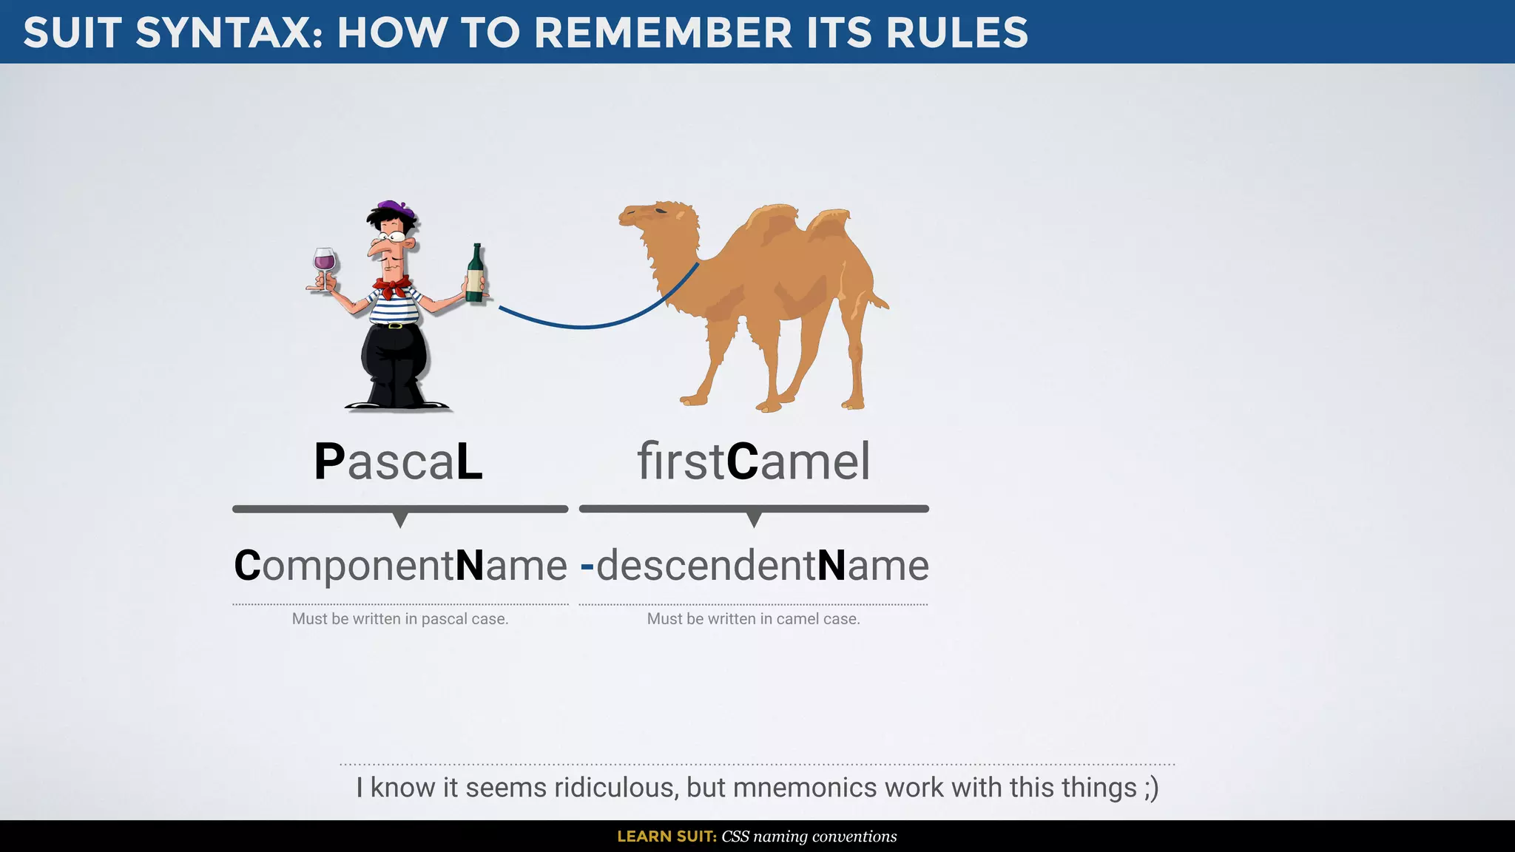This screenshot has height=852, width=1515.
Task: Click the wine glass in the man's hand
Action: pos(324,263)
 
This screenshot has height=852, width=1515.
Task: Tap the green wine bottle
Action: pos(476,275)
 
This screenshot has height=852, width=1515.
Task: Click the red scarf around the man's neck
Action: pos(392,286)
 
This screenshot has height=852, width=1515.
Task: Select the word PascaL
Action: pos(399,461)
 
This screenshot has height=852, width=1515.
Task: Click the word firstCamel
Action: pos(753,461)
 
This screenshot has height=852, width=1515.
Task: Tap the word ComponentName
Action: pos(400,566)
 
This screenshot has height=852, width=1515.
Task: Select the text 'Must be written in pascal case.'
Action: pos(400,619)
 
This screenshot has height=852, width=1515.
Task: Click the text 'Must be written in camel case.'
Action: pos(753,619)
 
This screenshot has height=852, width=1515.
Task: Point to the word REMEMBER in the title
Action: pos(663,33)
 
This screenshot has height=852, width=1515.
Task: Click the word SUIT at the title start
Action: pos(72,33)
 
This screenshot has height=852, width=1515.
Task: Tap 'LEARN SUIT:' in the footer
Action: pos(667,836)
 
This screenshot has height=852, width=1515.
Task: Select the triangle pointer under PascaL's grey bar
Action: pos(400,519)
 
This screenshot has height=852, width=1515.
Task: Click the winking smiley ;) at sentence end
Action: pos(1151,788)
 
